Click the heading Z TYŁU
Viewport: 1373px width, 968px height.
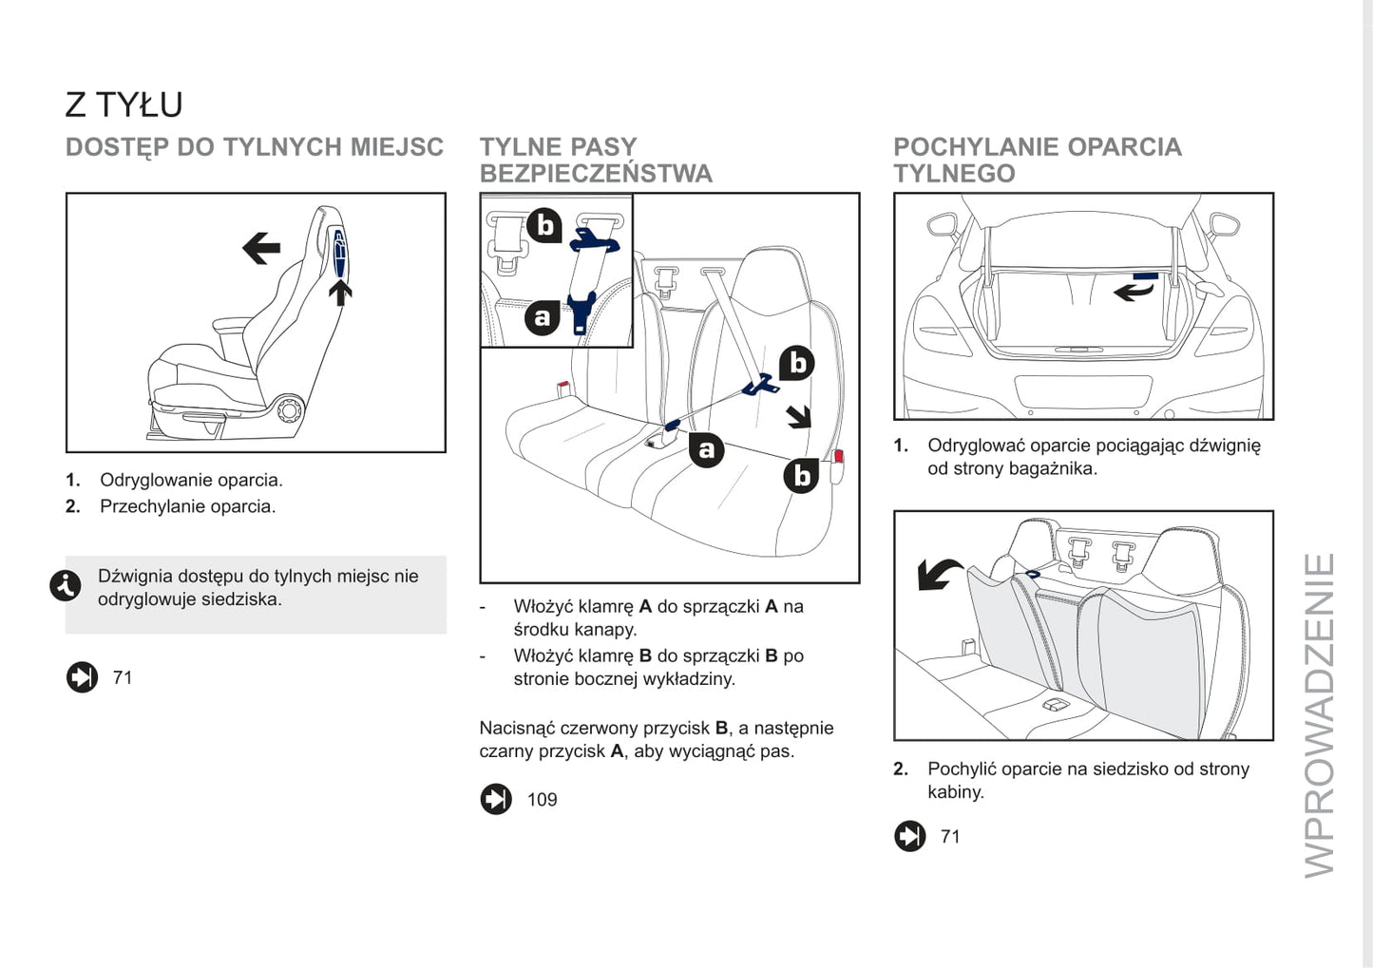(x=124, y=104)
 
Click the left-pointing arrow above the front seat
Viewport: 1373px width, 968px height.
(x=260, y=249)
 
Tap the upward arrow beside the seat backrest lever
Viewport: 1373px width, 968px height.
(x=340, y=291)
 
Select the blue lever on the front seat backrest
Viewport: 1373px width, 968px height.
(x=339, y=253)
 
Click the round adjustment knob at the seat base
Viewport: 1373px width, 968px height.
(x=289, y=410)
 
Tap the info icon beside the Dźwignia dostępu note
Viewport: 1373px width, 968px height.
(x=66, y=586)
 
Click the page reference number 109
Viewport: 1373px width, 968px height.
(x=542, y=800)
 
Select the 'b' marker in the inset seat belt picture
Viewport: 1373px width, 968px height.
(x=544, y=225)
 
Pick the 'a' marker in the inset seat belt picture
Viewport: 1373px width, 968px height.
(x=543, y=317)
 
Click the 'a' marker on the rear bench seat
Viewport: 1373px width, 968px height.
(x=706, y=449)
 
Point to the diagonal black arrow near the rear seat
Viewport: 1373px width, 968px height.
(x=799, y=416)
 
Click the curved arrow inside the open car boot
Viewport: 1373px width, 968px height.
(x=1134, y=291)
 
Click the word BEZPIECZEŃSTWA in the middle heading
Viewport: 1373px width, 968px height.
(x=596, y=174)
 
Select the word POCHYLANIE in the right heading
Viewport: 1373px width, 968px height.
(x=976, y=147)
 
